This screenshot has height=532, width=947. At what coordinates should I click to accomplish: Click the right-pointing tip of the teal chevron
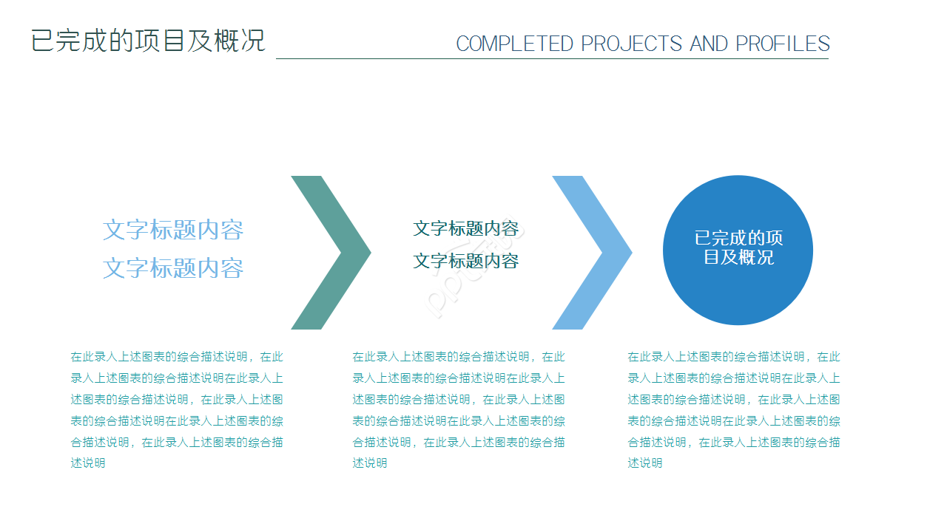pyautogui.click(x=371, y=253)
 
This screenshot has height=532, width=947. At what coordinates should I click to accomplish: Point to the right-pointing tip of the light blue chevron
pyautogui.click(x=633, y=253)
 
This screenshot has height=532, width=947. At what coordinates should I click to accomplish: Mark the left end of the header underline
pyautogui.click(x=276, y=58)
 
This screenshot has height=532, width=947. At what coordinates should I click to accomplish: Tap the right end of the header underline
pyautogui.click(x=829, y=58)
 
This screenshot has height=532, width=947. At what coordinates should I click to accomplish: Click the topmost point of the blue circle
pyautogui.click(x=738, y=175)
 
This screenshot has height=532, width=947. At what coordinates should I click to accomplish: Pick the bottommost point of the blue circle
pyautogui.click(x=738, y=325)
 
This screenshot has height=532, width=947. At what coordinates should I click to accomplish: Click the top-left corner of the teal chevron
pyautogui.click(x=291, y=176)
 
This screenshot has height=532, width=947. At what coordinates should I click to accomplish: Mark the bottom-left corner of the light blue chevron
pyautogui.click(x=553, y=330)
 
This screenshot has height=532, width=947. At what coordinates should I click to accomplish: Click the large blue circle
pyautogui.click(x=738, y=250)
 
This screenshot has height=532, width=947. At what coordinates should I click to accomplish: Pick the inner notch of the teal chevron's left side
pyautogui.click(x=341, y=253)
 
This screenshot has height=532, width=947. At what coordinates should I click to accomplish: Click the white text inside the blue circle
pyautogui.click(x=738, y=248)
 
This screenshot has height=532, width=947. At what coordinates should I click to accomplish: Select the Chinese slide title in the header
pyautogui.click(x=148, y=41)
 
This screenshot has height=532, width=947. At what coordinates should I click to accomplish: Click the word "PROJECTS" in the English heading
pyautogui.click(x=631, y=44)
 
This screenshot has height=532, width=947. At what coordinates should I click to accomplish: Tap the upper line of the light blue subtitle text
pyautogui.click(x=173, y=230)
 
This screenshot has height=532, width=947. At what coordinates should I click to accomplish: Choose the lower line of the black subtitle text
pyautogui.click(x=466, y=261)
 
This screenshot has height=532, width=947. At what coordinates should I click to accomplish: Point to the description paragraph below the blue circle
pyautogui.click(x=734, y=409)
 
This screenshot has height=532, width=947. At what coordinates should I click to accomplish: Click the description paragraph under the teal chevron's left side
pyautogui.click(x=177, y=409)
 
